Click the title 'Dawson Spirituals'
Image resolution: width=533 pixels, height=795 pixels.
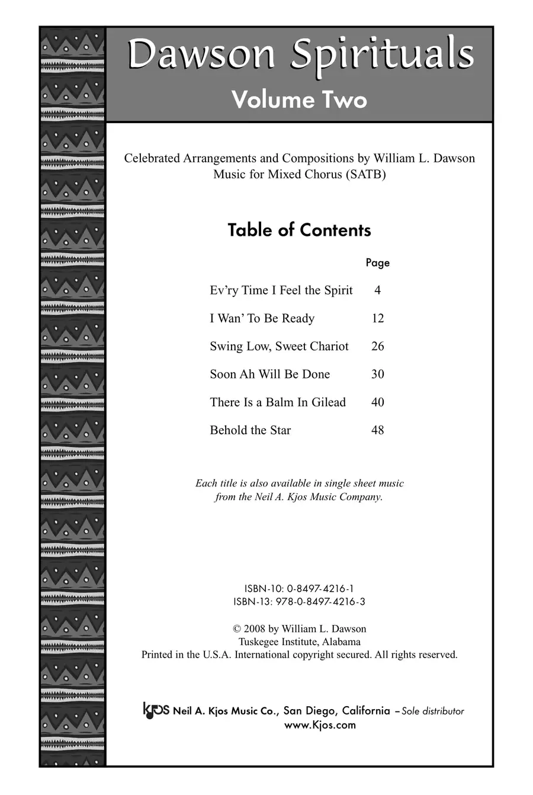300,55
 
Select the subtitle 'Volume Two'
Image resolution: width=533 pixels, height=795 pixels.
299,99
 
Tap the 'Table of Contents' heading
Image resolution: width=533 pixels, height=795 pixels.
299,230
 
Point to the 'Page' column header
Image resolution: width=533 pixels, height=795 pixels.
377,262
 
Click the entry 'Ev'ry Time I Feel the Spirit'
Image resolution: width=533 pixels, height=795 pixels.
281,290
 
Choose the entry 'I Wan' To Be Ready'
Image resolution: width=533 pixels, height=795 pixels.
262,318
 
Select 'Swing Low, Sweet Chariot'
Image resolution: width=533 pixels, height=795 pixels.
279,346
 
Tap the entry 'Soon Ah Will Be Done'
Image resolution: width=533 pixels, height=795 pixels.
269,374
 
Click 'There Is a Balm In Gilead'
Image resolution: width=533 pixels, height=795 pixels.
277,402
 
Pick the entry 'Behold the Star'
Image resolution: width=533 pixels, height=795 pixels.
250,430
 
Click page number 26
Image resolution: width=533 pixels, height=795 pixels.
377,346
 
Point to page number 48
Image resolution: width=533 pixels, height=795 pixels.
377,430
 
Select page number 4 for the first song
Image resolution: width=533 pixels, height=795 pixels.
377,290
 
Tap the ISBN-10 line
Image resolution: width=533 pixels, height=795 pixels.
299,589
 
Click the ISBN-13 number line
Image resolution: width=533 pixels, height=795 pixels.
299,602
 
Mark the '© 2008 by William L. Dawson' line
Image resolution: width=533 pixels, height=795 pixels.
300,629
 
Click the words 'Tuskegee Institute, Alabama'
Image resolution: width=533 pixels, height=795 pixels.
300,642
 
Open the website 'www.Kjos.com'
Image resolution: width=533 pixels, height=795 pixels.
320,725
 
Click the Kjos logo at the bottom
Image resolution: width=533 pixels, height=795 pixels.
156,710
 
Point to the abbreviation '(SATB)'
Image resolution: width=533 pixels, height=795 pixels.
367,175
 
